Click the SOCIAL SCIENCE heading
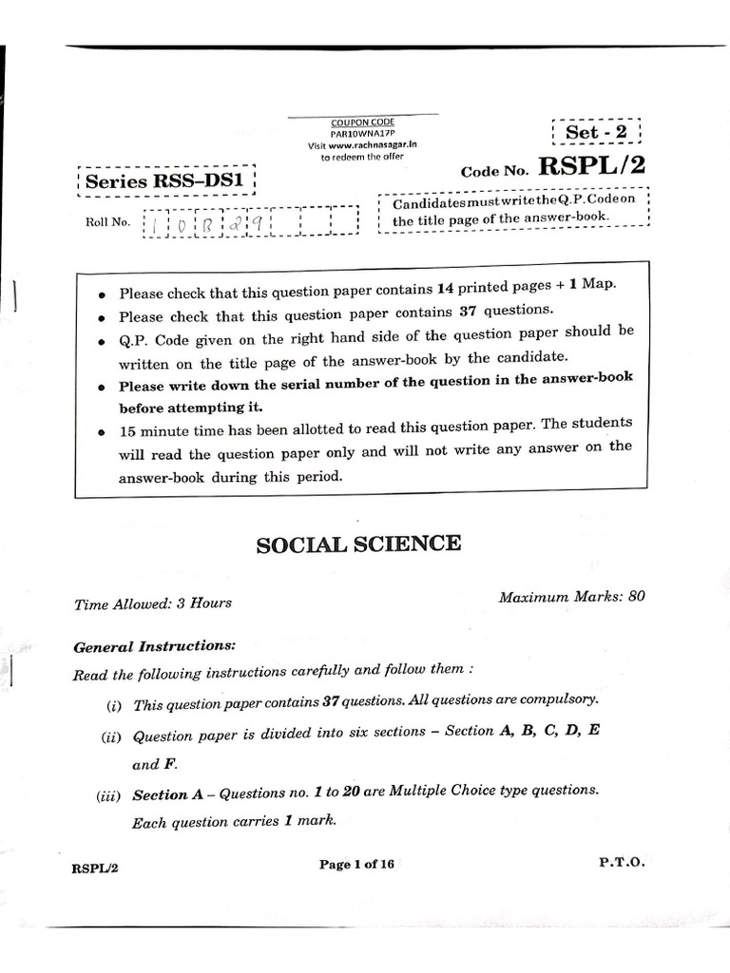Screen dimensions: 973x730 [x=358, y=544]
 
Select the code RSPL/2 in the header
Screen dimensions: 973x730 [x=591, y=166]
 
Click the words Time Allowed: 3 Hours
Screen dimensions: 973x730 [x=152, y=602]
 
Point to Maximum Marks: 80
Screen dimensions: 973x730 [x=571, y=597]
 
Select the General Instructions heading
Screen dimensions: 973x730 [x=154, y=646]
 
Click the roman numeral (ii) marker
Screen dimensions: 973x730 [x=112, y=736]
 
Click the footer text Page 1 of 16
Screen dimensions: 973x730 [x=356, y=864]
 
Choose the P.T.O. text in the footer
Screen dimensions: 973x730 [x=622, y=861]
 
